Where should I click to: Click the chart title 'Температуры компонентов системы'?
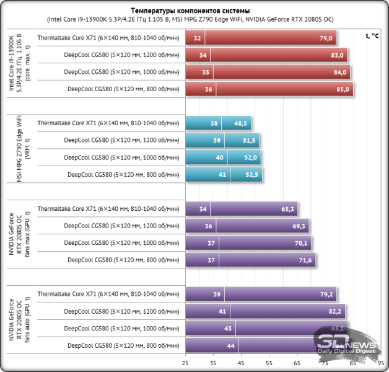[190, 11]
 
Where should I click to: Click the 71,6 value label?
[305, 260]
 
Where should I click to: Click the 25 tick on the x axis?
[185, 363]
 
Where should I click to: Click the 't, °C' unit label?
[372, 37]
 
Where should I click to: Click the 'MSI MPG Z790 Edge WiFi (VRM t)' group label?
[19, 149]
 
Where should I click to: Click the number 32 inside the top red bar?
[197, 38]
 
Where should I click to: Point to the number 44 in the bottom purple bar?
[230, 345]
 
